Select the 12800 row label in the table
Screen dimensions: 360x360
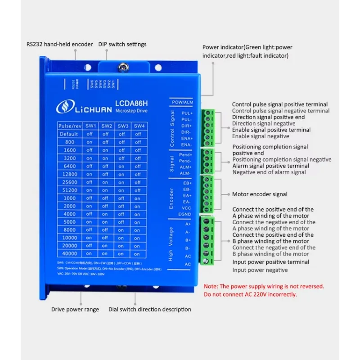coord(69,174)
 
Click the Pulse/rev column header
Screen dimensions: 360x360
coord(69,126)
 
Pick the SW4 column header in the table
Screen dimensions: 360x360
coord(138,126)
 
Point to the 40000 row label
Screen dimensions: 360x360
coord(69,254)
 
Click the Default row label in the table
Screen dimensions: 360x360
coord(69,134)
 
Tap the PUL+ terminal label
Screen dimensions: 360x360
coord(186,113)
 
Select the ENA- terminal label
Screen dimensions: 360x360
coord(186,145)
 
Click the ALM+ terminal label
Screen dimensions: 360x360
coord(185,167)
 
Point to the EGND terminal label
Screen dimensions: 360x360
coord(185,214)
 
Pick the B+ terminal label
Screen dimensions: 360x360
coord(187,240)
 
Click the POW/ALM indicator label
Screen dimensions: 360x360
coord(182,102)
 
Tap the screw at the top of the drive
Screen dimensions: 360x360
coord(122,68)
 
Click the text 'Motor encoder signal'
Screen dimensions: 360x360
coord(259,194)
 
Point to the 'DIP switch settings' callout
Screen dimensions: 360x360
coord(126,44)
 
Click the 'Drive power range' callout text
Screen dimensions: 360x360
coord(74,309)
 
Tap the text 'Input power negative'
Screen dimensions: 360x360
coord(260,270)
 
